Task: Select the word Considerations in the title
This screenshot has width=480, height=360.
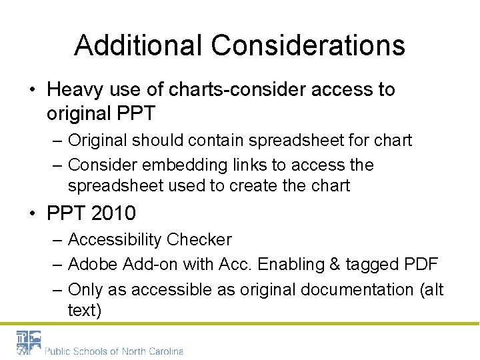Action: coord(308,45)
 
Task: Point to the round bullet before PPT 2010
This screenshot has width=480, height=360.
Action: coord(33,214)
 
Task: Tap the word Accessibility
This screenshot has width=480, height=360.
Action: coord(115,239)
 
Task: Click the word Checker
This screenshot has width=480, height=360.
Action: coord(199,239)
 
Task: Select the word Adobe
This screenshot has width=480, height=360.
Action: coord(93,265)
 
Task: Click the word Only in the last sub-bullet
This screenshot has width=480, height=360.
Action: coord(84,290)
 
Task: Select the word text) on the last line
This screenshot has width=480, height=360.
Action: coord(85,309)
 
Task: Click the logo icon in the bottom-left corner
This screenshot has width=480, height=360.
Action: coord(29,343)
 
